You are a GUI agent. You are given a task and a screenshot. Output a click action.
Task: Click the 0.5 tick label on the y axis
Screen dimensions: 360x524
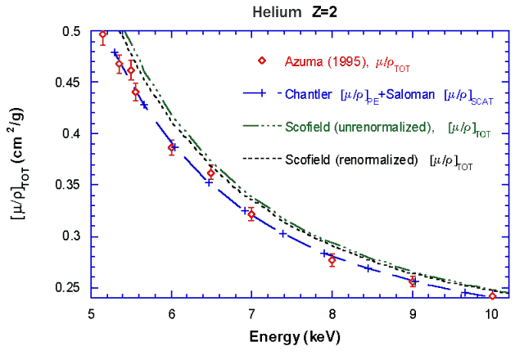click(73, 31)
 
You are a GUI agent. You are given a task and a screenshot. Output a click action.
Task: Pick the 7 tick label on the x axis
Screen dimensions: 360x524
click(251, 313)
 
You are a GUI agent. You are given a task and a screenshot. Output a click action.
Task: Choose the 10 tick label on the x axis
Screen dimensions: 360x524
click(491, 313)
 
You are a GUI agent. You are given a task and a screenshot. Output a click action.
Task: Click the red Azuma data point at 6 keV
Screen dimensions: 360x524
click(172, 148)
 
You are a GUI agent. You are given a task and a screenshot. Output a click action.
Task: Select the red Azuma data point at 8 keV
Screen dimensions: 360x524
click(332, 260)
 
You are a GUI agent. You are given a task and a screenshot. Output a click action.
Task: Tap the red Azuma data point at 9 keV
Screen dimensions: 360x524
click(413, 281)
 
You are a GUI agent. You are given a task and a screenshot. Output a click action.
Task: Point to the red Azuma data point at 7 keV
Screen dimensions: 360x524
click(251, 215)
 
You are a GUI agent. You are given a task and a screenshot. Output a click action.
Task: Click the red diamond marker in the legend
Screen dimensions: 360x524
click(261, 61)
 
